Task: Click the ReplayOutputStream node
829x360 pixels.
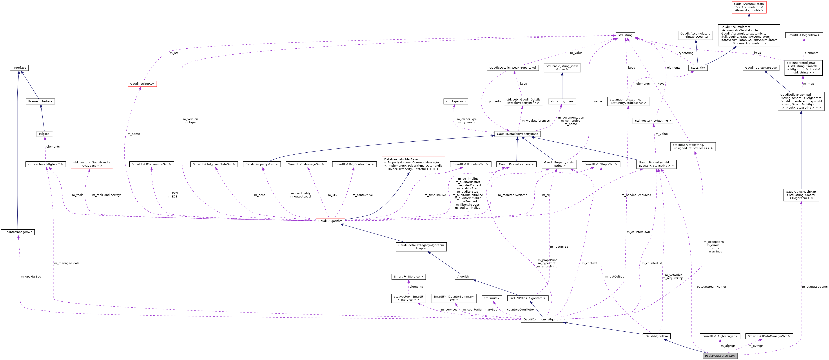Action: click(720, 356)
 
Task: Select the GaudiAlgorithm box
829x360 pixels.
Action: click(657, 336)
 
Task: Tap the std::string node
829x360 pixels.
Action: click(625, 35)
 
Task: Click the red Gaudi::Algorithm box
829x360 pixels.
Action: click(330, 221)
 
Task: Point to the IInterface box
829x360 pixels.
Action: click(19, 68)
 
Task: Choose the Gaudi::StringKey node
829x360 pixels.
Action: click(142, 84)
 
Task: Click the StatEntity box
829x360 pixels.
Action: click(698, 68)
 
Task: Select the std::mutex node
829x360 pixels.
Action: click(492, 298)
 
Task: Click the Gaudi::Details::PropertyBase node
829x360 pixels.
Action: click(517, 134)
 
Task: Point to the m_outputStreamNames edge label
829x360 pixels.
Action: click(709, 287)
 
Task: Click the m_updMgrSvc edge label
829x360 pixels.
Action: click(31, 277)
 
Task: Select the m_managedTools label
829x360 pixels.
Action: click(67, 263)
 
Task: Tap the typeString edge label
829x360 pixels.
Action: click(686, 53)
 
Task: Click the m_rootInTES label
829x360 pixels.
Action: click(559, 247)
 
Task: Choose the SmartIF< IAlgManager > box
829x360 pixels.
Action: click(720, 336)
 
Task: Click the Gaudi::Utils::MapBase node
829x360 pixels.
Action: click(761, 68)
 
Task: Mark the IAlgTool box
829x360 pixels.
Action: click(45, 134)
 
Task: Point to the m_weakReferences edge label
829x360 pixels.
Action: click(535, 121)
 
